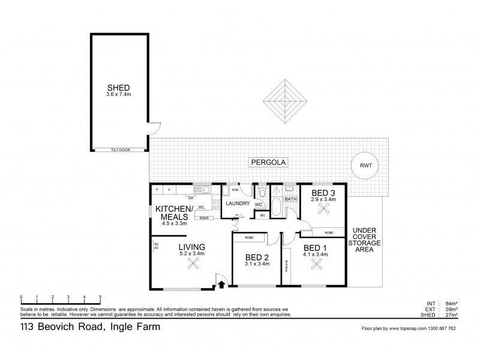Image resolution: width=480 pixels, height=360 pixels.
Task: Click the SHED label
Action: click(x=118, y=86)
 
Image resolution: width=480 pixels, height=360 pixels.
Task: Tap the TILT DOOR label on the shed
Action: click(x=120, y=149)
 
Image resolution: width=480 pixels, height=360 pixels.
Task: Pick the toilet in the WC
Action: click(x=262, y=193)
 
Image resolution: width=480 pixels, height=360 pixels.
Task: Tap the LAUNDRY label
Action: click(x=238, y=203)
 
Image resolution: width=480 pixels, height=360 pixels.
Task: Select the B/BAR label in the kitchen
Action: click(x=204, y=218)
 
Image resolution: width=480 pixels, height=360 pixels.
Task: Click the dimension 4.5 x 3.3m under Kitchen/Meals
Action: click(x=174, y=223)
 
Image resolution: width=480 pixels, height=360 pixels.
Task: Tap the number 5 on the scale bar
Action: click(x=100, y=297)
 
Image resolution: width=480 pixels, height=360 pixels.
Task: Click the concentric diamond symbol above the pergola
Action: click(x=283, y=100)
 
